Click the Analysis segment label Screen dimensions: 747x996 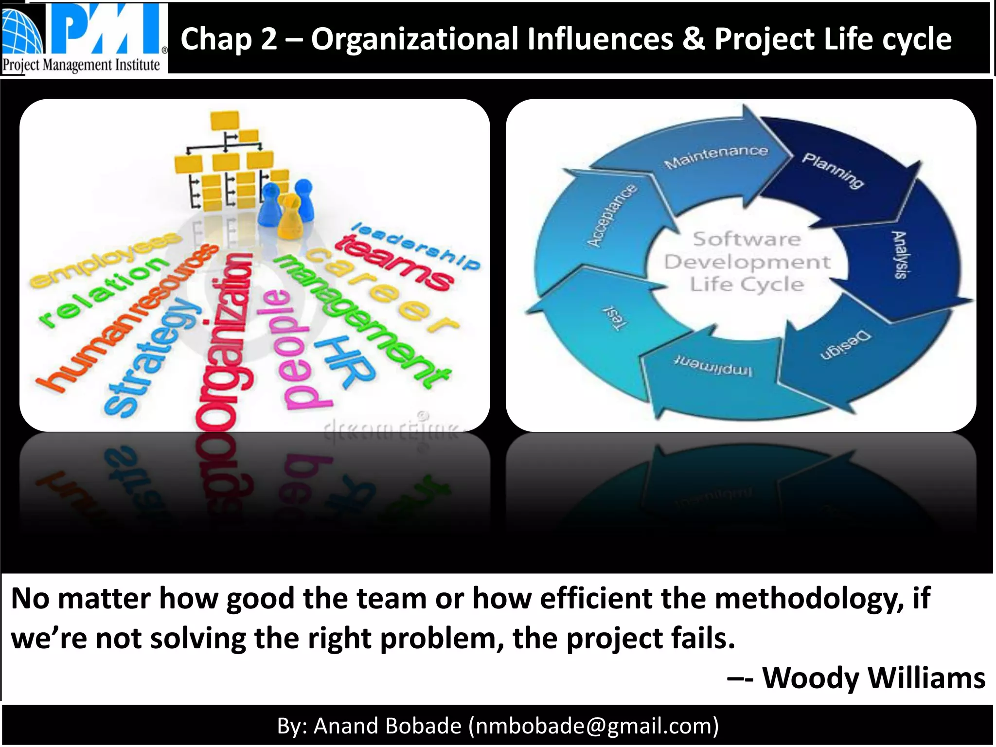(900, 255)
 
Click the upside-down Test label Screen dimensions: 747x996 (616, 319)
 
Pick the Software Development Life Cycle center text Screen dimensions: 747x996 (747, 262)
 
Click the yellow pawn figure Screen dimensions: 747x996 (290, 216)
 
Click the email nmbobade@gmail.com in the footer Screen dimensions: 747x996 (593, 726)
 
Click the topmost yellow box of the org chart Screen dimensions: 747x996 (225, 120)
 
